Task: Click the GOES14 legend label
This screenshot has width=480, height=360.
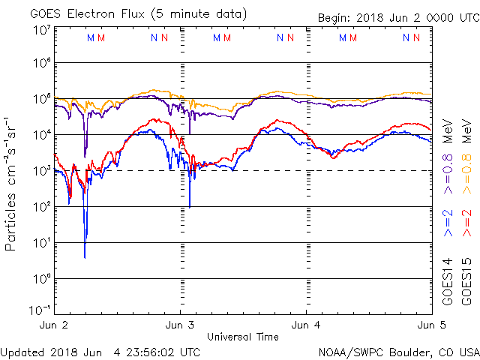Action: click(448, 280)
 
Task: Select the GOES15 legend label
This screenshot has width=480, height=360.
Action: click(466, 280)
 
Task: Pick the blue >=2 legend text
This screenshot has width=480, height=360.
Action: click(448, 222)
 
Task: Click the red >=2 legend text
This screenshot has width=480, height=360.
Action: click(466, 222)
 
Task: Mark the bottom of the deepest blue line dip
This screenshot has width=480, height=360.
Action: click(85, 257)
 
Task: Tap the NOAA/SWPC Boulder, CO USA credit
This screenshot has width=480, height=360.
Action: click(398, 351)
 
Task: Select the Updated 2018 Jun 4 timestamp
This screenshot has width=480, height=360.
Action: click(100, 351)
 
